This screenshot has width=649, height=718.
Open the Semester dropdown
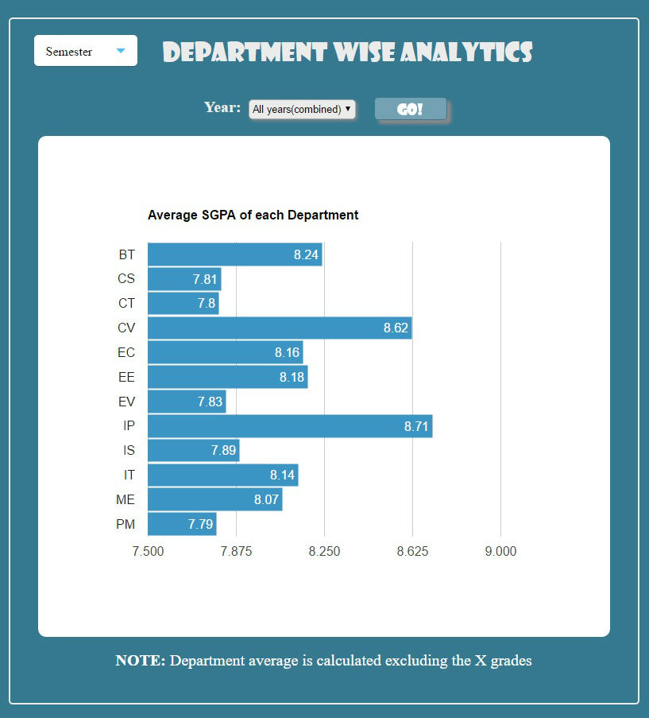pyautogui.click(x=86, y=51)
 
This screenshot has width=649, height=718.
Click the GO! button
pyautogui.click(x=410, y=109)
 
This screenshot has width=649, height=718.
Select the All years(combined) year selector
pyautogui.click(x=302, y=109)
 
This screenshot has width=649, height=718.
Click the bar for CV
pyautogui.click(x=280, y=328)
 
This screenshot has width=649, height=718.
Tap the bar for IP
pyautogui.click(x=290, y=426)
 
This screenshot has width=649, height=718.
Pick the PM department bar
pyautogui.click(x=182, y=524)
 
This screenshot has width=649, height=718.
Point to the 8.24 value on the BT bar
pyautogui.click(x=306, y=255)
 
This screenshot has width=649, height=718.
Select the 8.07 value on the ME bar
pyautogui.click(x=268, y=500)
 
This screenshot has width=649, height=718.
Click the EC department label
pyautogui.click(x=126, y=352)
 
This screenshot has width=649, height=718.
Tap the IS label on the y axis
pyautogui.click(x=129, y=450)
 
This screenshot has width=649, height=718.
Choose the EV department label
pyautogui.click(x=126, y=402)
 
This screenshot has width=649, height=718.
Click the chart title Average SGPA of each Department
pyautogui.click(x=253, y=215)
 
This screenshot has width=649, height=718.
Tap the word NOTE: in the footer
pyautogui.click(x=141, y=660)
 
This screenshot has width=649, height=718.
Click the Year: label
pyautogui.click(x=222, y=107)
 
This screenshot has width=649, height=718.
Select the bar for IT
pyautogui.click(x=222, y=475)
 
